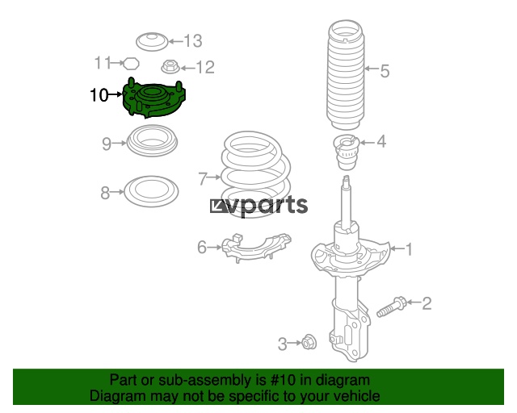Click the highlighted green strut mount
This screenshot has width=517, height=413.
154,98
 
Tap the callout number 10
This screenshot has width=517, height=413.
99,95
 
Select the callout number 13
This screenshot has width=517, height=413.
193,41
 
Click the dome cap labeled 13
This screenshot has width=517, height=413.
153,42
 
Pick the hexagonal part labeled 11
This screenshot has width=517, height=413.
131,63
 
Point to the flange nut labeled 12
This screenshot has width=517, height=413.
170,66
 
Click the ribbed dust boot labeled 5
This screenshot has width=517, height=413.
346,75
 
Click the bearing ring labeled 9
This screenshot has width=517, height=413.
152,140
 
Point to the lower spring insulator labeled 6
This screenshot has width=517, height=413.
256,248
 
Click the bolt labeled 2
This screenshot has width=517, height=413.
391,307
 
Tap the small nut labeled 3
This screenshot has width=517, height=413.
309,342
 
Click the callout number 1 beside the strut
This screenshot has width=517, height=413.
409,249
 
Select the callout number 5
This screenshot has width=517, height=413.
385,71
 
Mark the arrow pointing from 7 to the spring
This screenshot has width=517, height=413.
214,177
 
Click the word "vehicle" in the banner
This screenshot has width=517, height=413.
358,395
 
